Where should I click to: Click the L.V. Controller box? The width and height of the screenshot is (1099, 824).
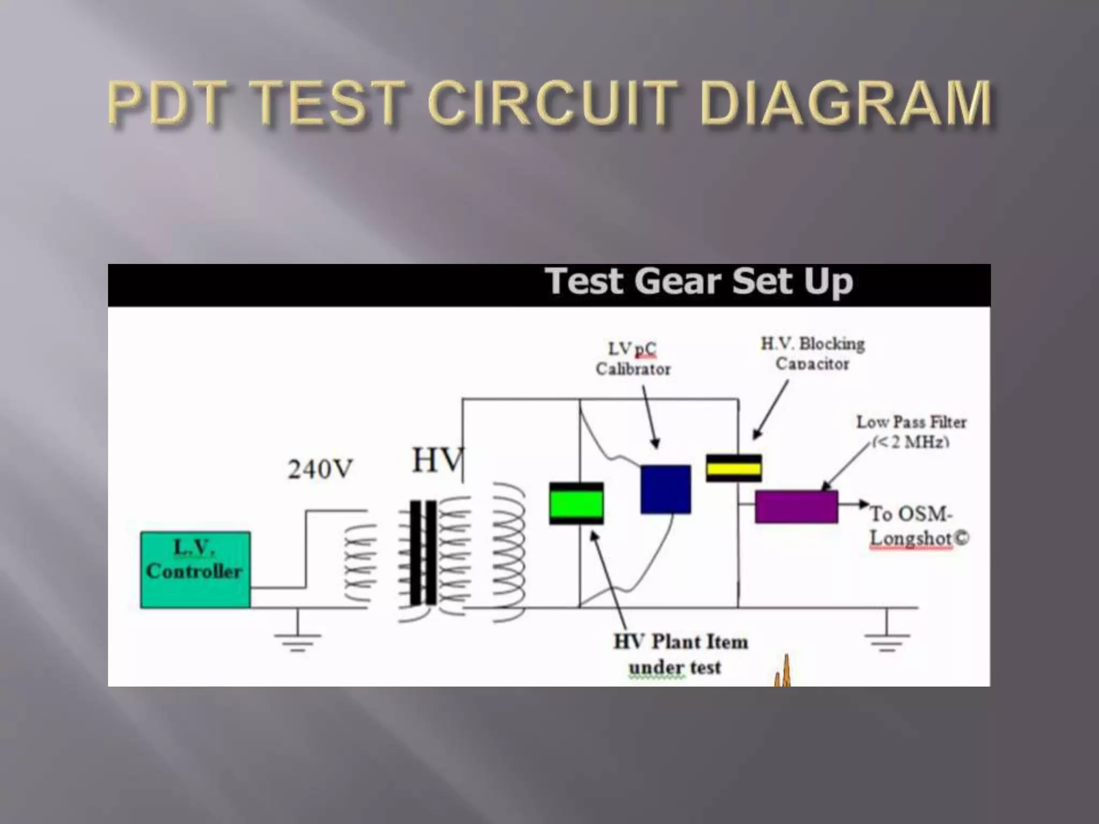pos(195,569)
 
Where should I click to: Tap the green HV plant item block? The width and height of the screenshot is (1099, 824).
pos(576,503)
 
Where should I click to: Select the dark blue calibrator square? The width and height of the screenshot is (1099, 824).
pos(665,489)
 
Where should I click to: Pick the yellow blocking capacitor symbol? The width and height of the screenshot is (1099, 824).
pos(734,468)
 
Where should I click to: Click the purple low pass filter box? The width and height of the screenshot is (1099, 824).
pos(796,506)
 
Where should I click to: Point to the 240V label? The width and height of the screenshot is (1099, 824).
pos(320,469)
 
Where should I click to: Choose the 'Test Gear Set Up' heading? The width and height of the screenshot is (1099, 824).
pos(699,282)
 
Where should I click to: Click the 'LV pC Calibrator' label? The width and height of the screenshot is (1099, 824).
pos(633,359)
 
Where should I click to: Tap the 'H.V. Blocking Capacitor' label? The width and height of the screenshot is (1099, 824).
pos(812,354)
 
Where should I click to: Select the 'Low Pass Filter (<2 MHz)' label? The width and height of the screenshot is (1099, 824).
pos(911,431)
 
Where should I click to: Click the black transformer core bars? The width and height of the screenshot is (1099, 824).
pos(423,553)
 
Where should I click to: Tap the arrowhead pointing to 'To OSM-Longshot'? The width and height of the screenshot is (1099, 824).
pos(864,504)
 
